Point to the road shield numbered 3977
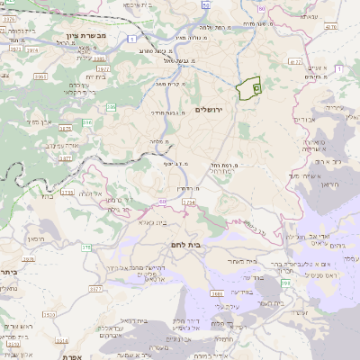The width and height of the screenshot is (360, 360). (x=103, y=68)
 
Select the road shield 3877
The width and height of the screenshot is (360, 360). (x=65, y=158)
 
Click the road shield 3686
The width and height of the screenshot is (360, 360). (x=216, y=293)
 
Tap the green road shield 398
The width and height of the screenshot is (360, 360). (x=286, y=283)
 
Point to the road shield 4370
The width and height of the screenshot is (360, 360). (x=330, y=28)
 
